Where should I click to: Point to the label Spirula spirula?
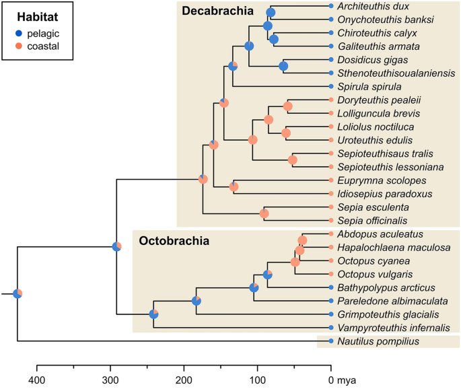(x=364, y=87)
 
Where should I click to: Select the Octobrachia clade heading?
(x=174, y=241)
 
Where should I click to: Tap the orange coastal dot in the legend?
(x=19, y=46)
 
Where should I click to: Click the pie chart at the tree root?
(x=17, y=293)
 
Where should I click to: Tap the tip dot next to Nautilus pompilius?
(x=331, y=341)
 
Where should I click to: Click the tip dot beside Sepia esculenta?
(x=331, y=207)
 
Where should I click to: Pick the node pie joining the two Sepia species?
(x=264, y=214)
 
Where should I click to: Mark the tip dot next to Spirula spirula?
(x=331, y=87)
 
